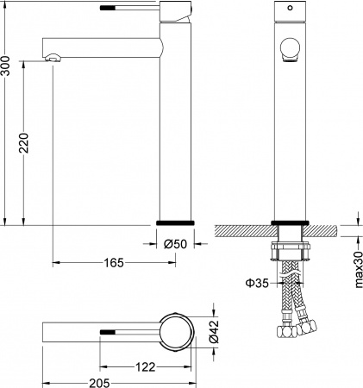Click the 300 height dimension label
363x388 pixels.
click(x=6, y=65)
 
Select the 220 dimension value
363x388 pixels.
click(x=25, y=143)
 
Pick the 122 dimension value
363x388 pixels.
click(x=145, y=366)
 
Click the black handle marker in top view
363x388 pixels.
click(x=108, y=330)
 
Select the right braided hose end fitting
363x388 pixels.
click(x=308, y=328)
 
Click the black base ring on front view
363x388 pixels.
click(x=290, y=222)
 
